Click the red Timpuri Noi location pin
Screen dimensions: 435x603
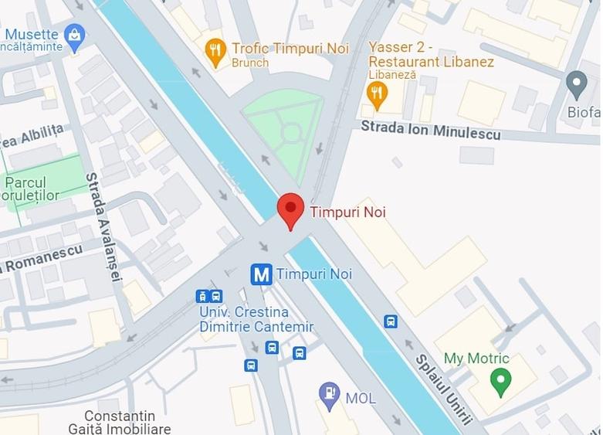[x=290, y=209]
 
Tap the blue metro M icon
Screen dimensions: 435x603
[x=262, y=274]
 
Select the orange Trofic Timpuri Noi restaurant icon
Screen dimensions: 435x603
[x=217, y=53]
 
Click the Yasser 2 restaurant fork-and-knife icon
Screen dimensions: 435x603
[x=376, y=94]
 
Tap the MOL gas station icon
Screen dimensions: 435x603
[x=330, y=395]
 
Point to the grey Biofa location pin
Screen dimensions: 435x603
[x=576, y=82]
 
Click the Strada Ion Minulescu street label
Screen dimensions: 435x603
[x=430, y=131]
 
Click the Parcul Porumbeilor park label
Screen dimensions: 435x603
[x=31, y=189]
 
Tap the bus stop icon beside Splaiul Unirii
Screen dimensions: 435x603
[x=391, y=321]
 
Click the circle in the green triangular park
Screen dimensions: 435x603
[x=291, y=133]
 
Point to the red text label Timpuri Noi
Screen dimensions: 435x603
[x=347, y=212]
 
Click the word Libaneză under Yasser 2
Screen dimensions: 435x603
[x=392, y=75]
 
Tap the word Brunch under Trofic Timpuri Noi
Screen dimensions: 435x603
[x=250, y=63]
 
